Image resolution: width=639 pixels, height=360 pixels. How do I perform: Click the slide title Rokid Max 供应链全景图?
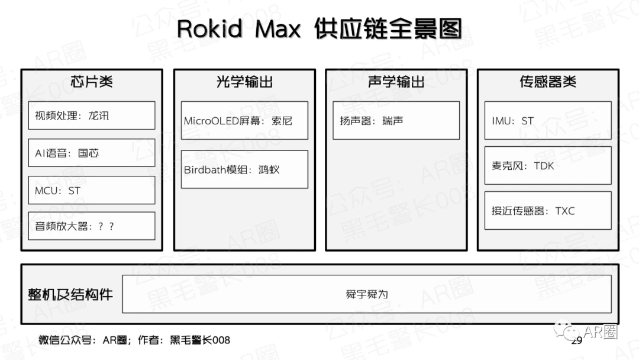(x=319, y=28)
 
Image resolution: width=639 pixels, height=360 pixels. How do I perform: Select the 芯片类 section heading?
(x=91, y=82)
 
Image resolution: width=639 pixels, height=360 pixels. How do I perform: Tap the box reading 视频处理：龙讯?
(x=91, y=115)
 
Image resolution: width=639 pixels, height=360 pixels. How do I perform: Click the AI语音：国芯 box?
(x=91, y=153)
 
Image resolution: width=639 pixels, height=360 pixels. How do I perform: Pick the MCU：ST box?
(x=91, y=190)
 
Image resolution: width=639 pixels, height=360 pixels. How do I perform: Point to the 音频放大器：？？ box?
(x=91, y=226)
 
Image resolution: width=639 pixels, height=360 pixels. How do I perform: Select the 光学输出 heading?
(x=244, y=82)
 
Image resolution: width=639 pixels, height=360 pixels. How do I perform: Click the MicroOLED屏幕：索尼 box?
(x=244, y=120)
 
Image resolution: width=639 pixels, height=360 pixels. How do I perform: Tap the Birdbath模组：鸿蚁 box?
(x=244, y=169)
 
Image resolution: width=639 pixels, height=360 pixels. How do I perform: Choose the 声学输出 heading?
(x=396, y=82)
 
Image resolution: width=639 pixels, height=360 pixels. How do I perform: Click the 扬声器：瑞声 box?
(x=396, y=120)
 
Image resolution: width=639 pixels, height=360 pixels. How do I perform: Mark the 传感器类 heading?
(x=548, y=82)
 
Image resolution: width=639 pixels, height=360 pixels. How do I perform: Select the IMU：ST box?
(x=548, y=120)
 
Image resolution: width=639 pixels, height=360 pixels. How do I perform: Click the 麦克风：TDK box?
(x=548, y=165)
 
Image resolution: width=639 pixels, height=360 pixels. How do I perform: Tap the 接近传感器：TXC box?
(x=548, y=210)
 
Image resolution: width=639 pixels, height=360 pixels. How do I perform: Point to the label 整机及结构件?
(x=70, y=294)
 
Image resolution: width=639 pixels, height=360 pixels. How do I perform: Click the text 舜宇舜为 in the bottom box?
(x=367, y=294)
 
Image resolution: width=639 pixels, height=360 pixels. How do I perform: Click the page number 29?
(x=577, y=340)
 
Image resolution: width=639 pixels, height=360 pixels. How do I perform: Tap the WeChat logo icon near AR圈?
(x=565, y=329)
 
